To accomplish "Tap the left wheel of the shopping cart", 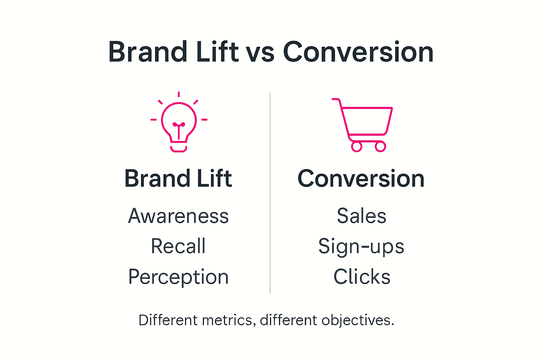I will tap(356, 147).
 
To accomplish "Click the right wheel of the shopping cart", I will tap(380, 147).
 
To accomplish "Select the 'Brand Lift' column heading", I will tap(178, 179).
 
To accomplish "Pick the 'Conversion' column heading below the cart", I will tap(361, 179).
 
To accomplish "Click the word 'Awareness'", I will tap(178, 216).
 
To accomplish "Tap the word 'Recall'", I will tap(178, 246).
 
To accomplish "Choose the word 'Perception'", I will tap(178, 277).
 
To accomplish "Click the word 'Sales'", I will tap(361, 216).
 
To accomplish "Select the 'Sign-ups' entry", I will tap(361, 246).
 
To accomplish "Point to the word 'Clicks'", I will tap(362, 277).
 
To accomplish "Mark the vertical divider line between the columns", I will tap(270, 193).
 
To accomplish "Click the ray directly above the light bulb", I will tap(179, 94).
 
